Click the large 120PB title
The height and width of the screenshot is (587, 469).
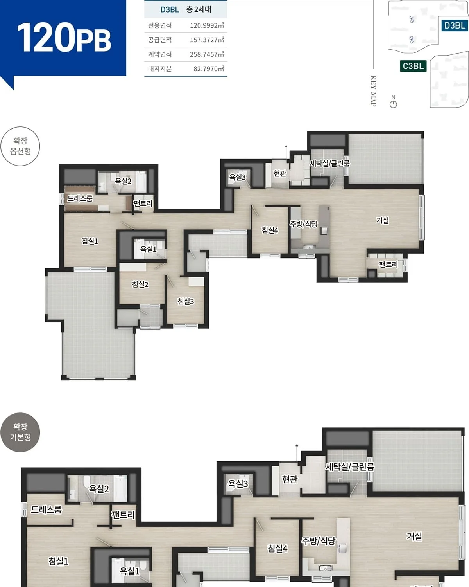64,37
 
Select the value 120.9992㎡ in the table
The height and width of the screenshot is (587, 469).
207,25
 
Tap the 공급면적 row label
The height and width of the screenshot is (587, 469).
160,40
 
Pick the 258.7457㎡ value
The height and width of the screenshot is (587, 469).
207,54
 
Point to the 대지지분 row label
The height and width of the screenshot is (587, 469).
160,69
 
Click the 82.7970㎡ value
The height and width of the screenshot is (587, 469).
209,69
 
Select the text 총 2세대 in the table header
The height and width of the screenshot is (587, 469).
199,9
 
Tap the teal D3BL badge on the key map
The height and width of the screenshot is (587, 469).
454,26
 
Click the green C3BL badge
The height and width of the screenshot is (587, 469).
413,66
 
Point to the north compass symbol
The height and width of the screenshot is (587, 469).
393,102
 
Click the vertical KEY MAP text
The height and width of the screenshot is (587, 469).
373,91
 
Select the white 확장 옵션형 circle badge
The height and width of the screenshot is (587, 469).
20,146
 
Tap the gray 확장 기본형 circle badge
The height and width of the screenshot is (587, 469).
20,432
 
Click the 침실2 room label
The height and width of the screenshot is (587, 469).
140,284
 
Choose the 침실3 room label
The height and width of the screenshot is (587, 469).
186,301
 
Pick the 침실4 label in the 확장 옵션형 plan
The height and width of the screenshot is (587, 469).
270,230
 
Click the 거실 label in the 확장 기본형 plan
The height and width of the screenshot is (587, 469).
414,536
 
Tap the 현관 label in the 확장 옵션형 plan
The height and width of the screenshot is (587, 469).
280,173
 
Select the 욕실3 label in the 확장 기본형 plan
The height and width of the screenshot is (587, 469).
238,484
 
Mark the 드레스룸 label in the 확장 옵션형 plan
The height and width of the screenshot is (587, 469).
80,198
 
